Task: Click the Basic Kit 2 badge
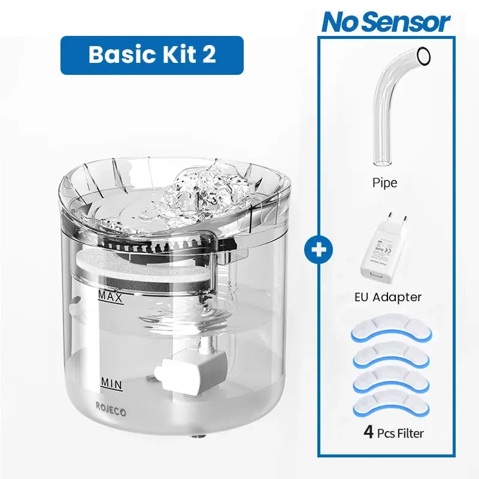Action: [x=151, y=54]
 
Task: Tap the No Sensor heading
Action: [x=386, y=22]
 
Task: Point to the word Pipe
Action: [x=384, y=182]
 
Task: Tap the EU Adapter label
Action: [x=388, y=297]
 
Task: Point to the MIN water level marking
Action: [x=111, y=383]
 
